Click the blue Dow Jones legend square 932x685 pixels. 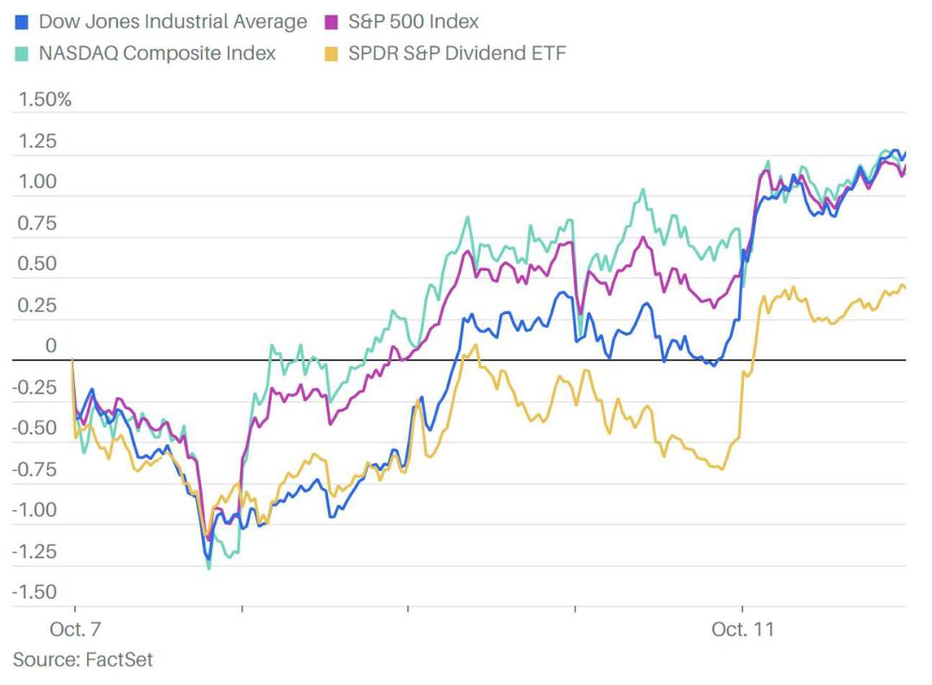point(22,22)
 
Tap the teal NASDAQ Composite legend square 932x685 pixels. point(22,53)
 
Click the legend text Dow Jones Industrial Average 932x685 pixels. point(173,22)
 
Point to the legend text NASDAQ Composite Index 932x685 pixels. point(157,53)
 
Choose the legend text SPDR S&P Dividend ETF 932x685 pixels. point(457,53)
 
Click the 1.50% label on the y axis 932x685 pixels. point(44,99)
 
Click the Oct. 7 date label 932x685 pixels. point(74,630)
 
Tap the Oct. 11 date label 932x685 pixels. point(743,630)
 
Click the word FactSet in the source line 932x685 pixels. point(119,660)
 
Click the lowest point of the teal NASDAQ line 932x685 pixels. point(209,569)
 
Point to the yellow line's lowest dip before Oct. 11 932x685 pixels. point(721,469)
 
